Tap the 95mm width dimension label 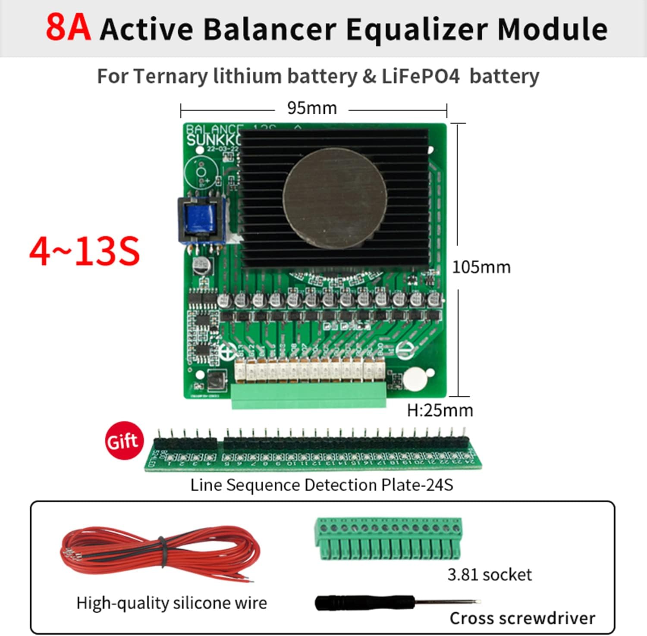(312, 108)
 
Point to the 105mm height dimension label (481, 267)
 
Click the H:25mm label (440, 410)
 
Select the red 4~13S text (85, 251)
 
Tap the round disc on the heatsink (335, 199)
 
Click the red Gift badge (124, 440)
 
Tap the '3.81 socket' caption (489, 575)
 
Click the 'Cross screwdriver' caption (522, 618)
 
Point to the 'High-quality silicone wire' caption (172, 603)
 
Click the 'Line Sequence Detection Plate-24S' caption (322, 485)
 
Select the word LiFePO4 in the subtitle (421, 76)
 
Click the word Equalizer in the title (417, 29)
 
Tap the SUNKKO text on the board (212, 140)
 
